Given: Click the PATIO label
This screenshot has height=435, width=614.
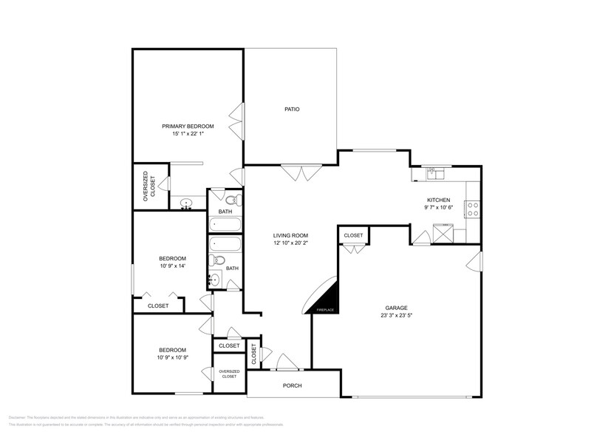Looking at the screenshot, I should [292, 109].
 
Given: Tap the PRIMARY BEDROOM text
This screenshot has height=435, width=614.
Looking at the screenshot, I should [188, 127].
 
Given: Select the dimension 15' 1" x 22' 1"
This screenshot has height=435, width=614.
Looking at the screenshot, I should [188, 134].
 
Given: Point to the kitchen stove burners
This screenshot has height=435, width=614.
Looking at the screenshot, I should [472, 209].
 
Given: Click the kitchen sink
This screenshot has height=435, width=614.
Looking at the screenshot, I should [435, 175].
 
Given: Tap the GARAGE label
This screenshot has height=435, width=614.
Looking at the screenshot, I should [396, 308].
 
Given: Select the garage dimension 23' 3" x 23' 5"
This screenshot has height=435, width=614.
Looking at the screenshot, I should [396, 315].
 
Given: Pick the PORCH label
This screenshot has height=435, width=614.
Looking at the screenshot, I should [293, 385].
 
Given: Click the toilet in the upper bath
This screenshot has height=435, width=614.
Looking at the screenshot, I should [231, 200].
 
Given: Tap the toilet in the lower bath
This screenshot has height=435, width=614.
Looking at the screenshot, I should [219, 260].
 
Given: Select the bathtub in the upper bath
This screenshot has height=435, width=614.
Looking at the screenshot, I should [225, 224].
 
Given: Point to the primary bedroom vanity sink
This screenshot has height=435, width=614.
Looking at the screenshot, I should [187, 203].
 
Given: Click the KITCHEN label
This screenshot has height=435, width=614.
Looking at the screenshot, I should [438, 200].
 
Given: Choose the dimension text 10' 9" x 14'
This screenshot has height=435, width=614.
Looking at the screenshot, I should [171, 266].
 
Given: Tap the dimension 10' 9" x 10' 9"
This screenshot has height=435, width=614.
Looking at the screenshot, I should [172, 357].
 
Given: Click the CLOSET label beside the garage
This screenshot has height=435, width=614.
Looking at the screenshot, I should [353, 235].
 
